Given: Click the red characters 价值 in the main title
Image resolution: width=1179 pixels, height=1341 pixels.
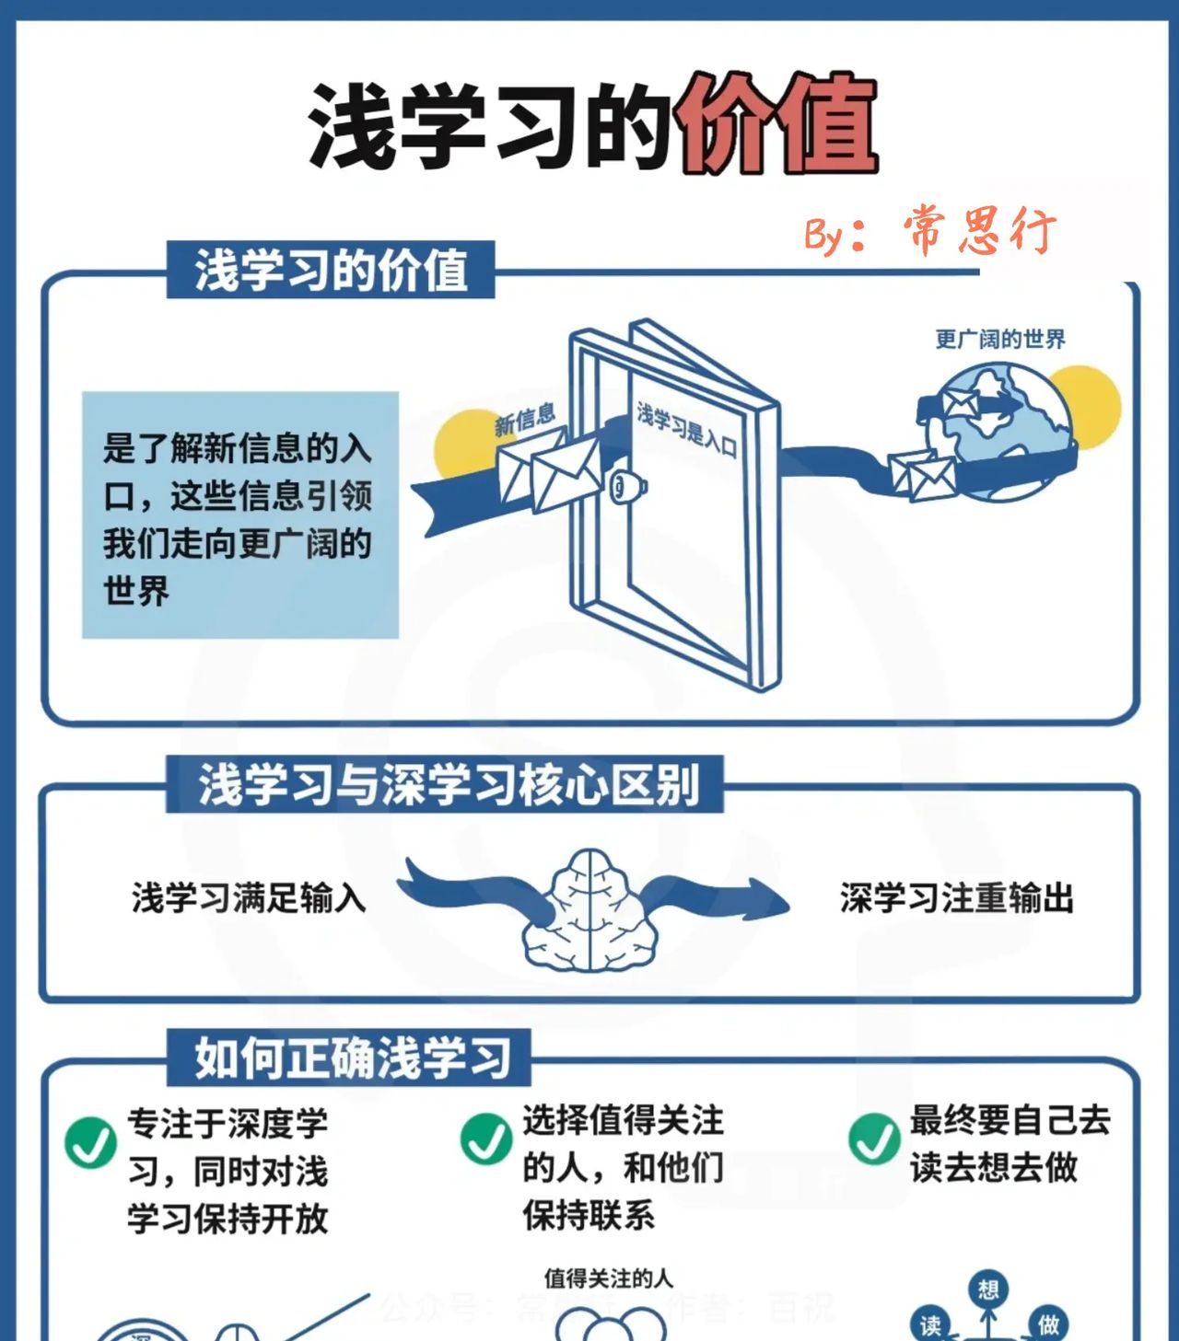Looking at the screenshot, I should click(776, 124).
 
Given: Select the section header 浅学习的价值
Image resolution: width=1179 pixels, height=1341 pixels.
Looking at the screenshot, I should click(331, 271).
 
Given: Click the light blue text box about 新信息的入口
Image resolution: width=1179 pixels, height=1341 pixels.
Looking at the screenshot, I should click(239, 515).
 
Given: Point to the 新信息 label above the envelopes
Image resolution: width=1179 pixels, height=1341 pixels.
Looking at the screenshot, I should click(525, 420).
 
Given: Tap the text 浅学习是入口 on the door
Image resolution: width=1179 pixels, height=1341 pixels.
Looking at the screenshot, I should click(686, 430).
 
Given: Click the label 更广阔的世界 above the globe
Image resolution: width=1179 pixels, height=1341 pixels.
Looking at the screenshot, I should click(999, 340).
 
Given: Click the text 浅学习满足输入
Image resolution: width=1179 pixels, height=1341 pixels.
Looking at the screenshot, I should click(249, 897).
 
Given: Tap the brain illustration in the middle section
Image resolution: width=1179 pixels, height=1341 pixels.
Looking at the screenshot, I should click(590, 911).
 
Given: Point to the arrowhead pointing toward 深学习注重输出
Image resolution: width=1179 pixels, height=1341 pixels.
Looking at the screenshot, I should click(766, 897).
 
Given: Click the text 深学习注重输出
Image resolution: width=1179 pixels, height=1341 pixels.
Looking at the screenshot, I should click(956, 897).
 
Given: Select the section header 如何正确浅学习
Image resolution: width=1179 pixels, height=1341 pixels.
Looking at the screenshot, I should click(350, 1058).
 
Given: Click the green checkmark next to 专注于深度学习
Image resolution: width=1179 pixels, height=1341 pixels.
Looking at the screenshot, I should click(90, 1142).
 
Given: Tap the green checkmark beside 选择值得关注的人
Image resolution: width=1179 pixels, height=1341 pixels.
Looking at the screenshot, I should click(486, 1139).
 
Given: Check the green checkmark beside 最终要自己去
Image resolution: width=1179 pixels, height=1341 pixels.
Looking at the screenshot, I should click(874, 1139).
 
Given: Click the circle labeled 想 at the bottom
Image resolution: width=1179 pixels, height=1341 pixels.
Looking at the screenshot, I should click(988, 1289).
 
